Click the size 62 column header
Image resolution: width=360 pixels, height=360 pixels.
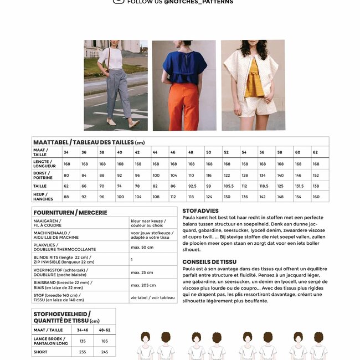pyautogui.click(x=316, y=152)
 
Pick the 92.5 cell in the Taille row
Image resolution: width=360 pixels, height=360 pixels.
pyautogui.click(x=191, y=186)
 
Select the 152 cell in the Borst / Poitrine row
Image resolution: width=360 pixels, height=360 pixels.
pyautogui.click(x=316, y=175)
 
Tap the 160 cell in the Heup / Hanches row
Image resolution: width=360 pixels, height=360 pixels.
pyautogui.click(x=316, y=197)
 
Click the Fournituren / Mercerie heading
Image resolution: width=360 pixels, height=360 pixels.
pyautogui.click(x=70, y=212)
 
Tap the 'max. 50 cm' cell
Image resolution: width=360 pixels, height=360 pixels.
pyautogui.click(x=142, y=247)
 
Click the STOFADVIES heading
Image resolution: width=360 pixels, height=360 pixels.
pyautogui.click(x=200, y=211)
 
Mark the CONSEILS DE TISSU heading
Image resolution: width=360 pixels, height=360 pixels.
pyautogui.click(x=209, y=261)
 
